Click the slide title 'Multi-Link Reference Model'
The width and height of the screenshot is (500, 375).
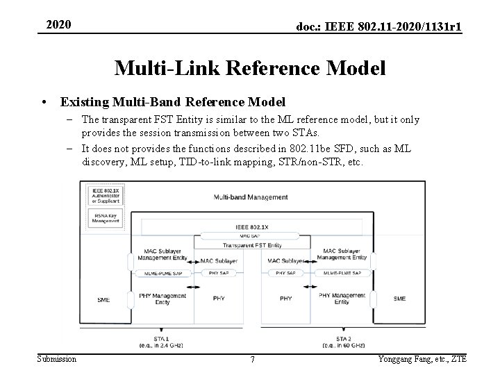coord(250,68)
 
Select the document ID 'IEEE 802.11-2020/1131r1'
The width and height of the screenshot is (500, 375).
coord(380,26)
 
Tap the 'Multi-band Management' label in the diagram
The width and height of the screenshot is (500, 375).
coord(251,197)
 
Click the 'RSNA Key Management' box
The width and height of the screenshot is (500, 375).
coord(103,217)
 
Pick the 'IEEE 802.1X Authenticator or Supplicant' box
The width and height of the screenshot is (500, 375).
coord(103,194)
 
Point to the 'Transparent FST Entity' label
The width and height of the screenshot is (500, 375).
coord(251,245)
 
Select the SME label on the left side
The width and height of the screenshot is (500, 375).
coord(103,299)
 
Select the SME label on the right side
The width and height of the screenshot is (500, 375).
coord(399,299)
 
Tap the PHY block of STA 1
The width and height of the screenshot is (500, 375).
coord(218,299)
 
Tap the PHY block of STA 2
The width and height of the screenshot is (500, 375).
coord(285,299)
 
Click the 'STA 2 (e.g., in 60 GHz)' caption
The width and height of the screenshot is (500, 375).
coord(337,341)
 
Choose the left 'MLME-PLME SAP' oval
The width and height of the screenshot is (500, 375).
coord(162,274)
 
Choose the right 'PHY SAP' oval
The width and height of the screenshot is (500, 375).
coord(285,274)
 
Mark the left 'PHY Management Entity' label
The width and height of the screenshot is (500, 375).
coord(162,299)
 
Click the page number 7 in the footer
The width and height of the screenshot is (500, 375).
coord(252,359)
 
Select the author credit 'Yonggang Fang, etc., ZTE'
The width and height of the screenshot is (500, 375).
coord(422,358)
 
